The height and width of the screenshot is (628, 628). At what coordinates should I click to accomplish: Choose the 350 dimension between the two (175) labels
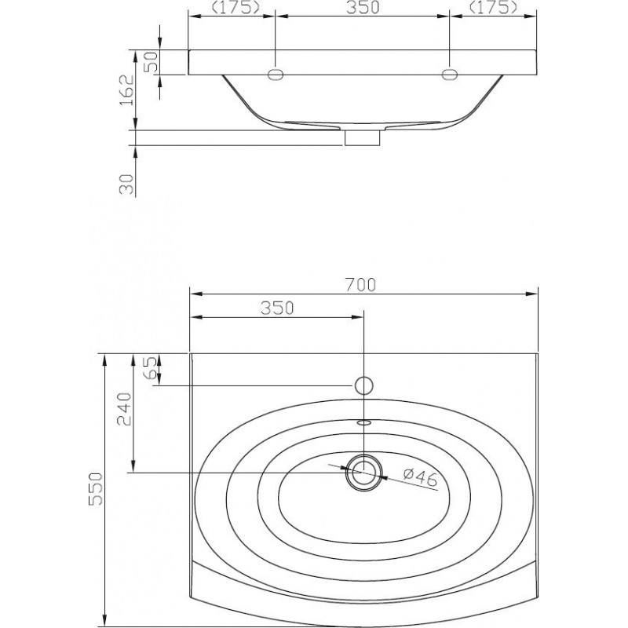coord(363,8)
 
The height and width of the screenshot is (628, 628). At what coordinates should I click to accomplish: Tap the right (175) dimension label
coord(493,8)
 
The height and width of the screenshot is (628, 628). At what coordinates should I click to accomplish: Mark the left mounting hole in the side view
coord(276,74)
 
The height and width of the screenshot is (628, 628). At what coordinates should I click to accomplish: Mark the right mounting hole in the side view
coord(449,74)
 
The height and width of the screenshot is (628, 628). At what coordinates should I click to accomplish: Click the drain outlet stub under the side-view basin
coord(363,138)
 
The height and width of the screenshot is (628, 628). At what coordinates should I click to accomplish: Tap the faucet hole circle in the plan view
coord(363,385)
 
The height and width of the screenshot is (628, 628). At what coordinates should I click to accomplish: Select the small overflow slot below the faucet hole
coord(363,422)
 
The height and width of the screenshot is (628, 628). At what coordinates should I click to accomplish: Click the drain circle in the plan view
coord(363,472)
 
